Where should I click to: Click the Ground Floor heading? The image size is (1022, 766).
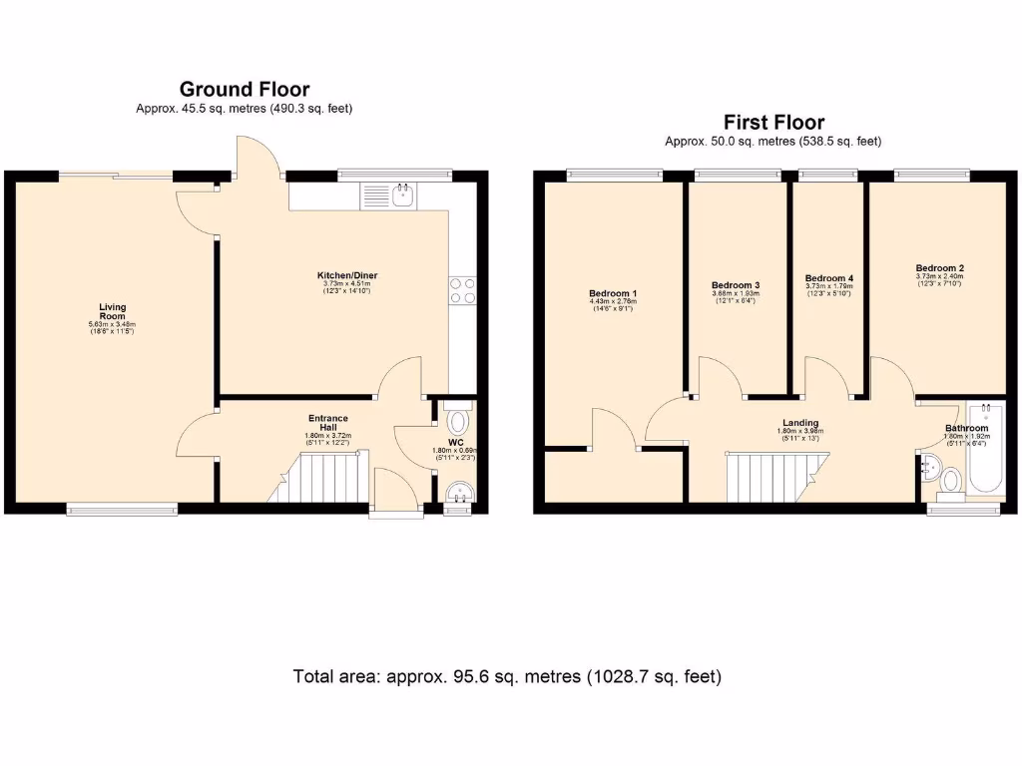coord(245,90)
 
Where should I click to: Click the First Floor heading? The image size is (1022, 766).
coord(773,123)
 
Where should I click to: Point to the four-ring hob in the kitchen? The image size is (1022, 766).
coord(463,290)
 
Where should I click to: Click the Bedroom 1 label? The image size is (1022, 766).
coord(612,293)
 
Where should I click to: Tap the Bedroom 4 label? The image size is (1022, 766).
coord(828,278)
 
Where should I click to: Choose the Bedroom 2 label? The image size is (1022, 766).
coord(939,268)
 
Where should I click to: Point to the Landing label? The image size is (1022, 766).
coord(800,423)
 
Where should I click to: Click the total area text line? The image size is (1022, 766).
coord(507,676)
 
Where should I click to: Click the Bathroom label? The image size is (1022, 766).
coord(966,429)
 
